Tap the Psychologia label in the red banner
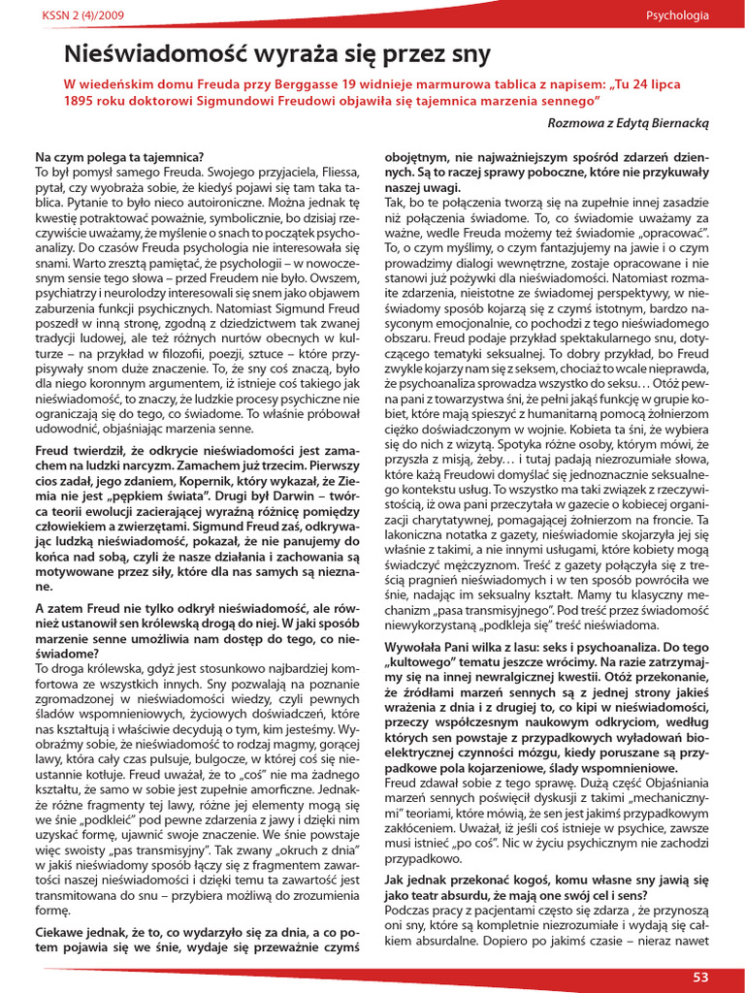coord(677,15)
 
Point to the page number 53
coord(701,977)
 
